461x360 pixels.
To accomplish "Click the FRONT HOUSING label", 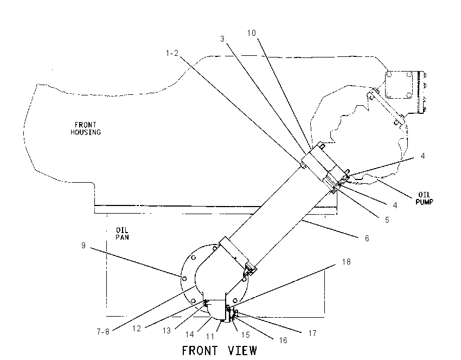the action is pyautogui.click(x=86, y=128).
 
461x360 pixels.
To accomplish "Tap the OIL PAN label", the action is pyautogui.click(x=122, y=234).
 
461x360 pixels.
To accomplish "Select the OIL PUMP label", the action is pyautogui.click(x=424, y=198).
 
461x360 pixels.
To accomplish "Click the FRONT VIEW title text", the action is pyautogui.click(x=219, y=351).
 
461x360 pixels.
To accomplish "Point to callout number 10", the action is pyautogui.click(x=251, y=33).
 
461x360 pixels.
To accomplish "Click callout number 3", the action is pyautogui.click(x=222, y=39).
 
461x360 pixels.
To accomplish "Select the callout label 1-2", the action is pyautogui.click(x=172, y=53).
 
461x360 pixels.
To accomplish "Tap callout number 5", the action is pyautogui.click(x=387, y=220).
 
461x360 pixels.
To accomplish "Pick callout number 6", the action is pyautogui.click(x=367, y=239).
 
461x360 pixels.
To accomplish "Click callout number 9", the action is pyautogui.click(x=84, y=246).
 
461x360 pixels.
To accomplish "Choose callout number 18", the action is pyautogui.click(x=347, y=261).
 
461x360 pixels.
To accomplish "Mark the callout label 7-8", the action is pyautogui.click(x=103, y=332).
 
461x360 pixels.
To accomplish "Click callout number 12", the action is pyautogui.click(x=137, y=329).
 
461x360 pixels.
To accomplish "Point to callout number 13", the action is pyautogui.click(x=167, y=331).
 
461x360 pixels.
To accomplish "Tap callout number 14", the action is pyautogui.click(x=190, y=335).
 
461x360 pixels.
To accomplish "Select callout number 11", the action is pyautogui.click(x=210, y=336).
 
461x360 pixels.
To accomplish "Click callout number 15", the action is pyautogui.click(x=246, y=335).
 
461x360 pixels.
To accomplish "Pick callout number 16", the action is pyautogui.click(x=283, y=340).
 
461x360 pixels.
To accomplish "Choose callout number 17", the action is pyautogui.click(x=312, y=333).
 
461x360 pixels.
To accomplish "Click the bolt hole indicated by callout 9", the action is pyautogui.click(x=184, y=278).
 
